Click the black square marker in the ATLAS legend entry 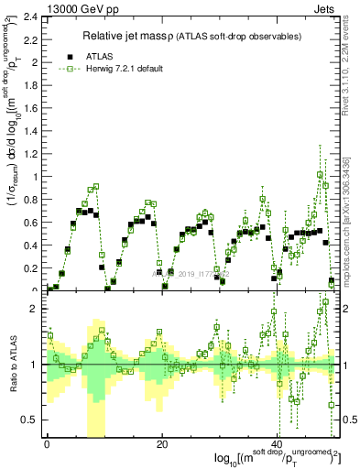click(x=68, y=55)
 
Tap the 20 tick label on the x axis click(x=162, y=444)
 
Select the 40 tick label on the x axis click(x=278, y=444)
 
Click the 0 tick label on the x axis click(x=47, y=444)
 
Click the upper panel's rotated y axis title click(x=14, y=147)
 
